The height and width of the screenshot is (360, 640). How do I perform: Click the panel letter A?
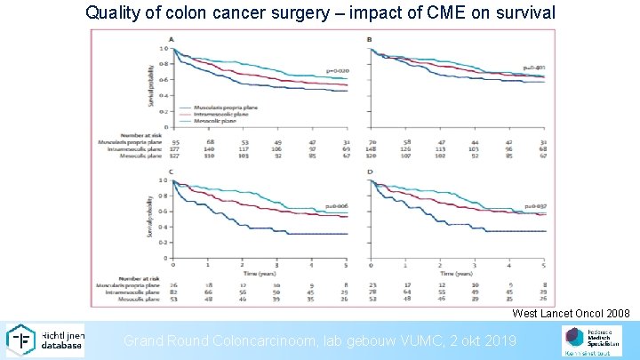[x=172, y=39]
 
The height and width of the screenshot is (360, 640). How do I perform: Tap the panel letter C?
[x=172, y=172]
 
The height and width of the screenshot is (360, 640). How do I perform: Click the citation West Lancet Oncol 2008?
[x=571, y=314]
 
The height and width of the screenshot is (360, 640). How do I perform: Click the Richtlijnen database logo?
[x=44, y=340]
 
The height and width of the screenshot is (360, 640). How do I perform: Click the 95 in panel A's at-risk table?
[x=176, y=141]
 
